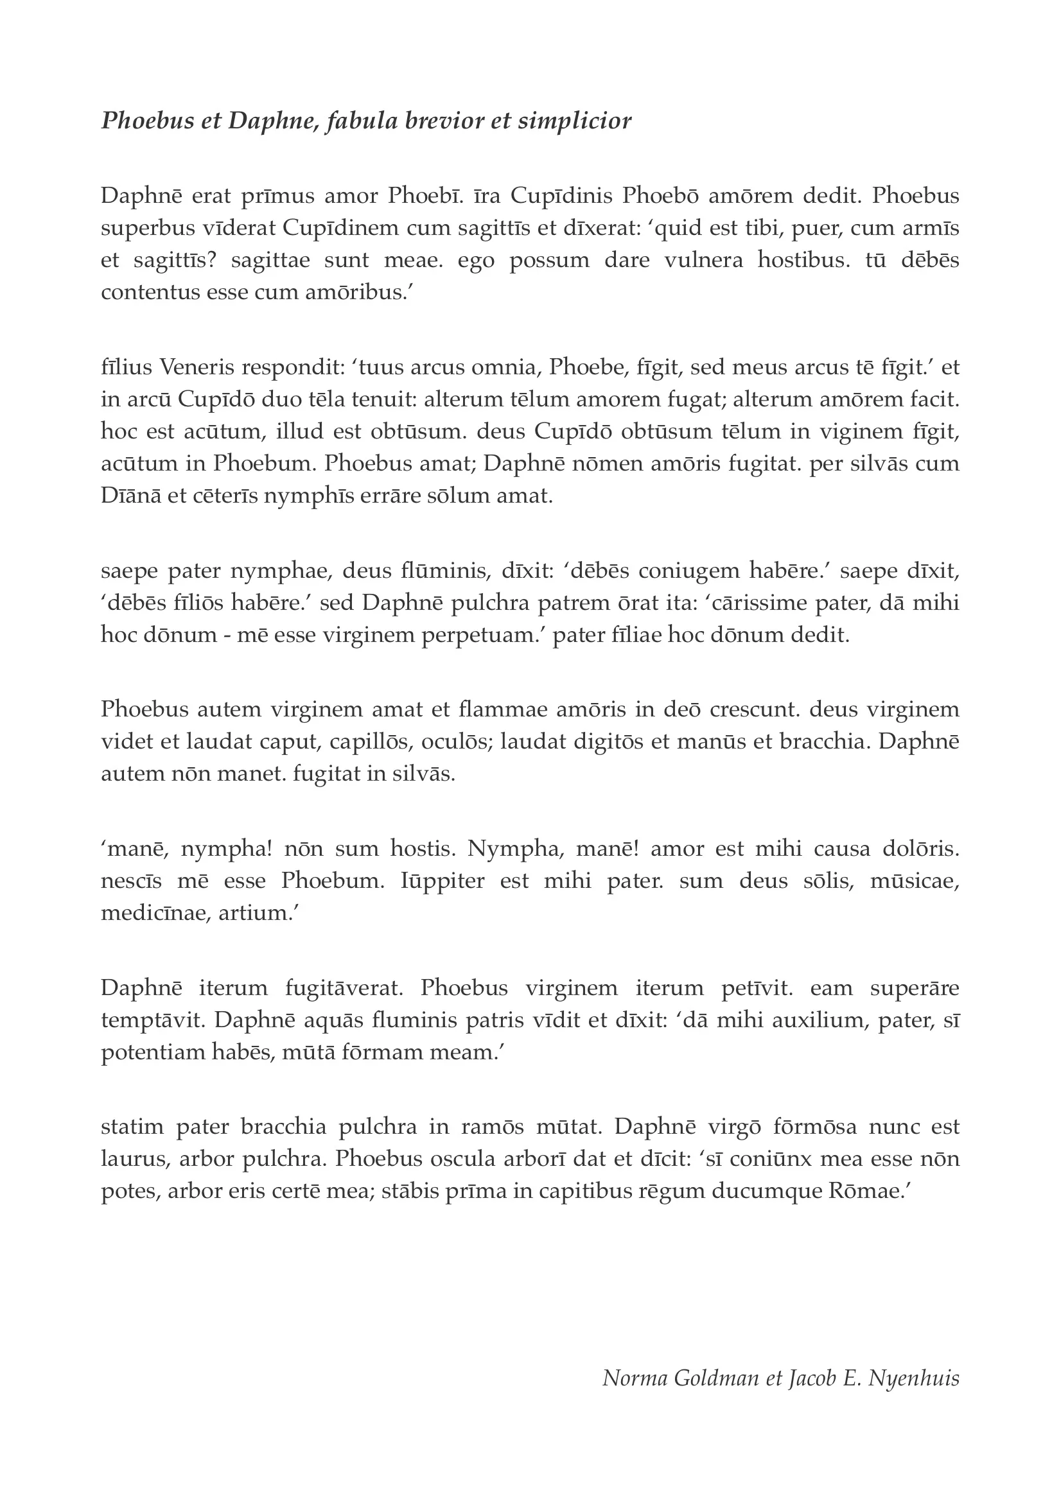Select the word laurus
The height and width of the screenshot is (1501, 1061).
coord(131,1158)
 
